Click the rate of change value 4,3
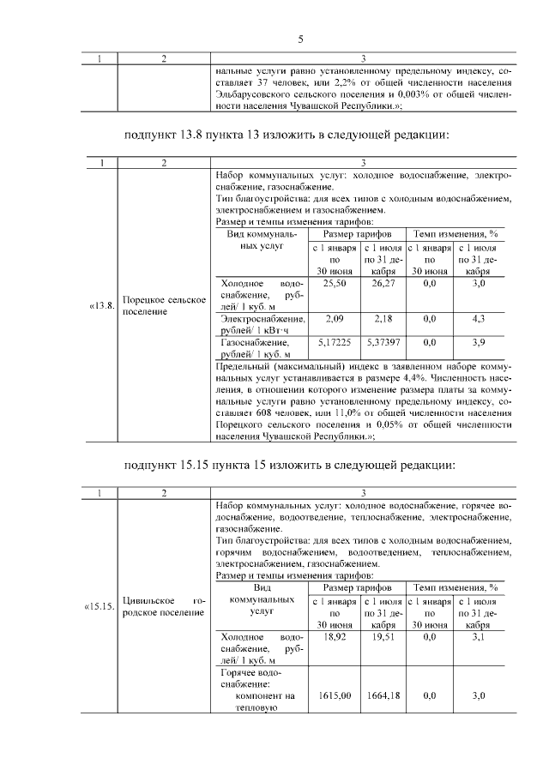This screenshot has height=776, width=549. point(479,319)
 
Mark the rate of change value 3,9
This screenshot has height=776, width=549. point(479,342)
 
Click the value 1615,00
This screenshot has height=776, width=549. point(334,695)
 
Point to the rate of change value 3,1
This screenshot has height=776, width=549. point(479,639)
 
